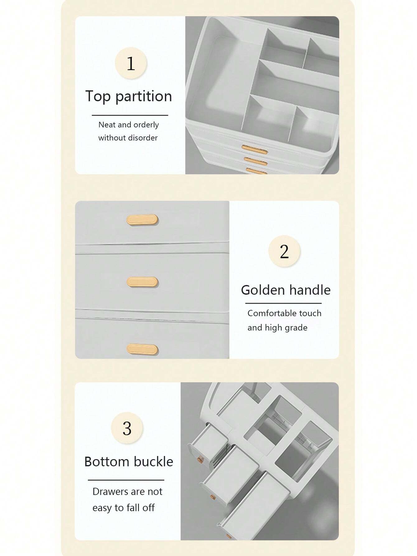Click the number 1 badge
131,63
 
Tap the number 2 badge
284,251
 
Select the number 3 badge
127,428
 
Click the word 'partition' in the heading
143,97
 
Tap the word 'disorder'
142,138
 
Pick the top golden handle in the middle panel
142,220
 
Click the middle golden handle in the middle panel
142,282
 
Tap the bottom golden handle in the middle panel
142,349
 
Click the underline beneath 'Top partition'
130,115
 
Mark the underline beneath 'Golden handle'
283,303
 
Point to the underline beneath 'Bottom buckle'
126,480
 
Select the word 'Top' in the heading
98,96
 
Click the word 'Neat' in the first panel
107,125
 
